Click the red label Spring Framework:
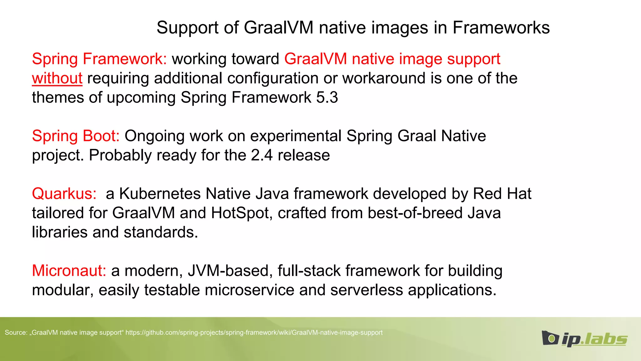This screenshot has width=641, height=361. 99,59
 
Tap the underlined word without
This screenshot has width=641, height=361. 57,78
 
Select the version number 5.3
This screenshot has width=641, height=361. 327,97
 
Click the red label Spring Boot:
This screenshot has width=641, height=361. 75,136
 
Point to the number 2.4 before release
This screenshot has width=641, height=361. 262,155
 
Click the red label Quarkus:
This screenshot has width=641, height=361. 64,194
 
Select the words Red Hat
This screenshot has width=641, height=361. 502,194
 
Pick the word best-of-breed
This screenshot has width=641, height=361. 415,213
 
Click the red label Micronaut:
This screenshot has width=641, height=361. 69,271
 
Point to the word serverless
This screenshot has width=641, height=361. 367,290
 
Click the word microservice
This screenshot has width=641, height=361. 249,290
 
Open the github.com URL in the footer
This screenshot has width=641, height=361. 254,332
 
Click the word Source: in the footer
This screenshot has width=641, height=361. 16,332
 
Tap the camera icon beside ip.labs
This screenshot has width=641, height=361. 550,338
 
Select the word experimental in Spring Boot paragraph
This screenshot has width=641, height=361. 296,136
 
